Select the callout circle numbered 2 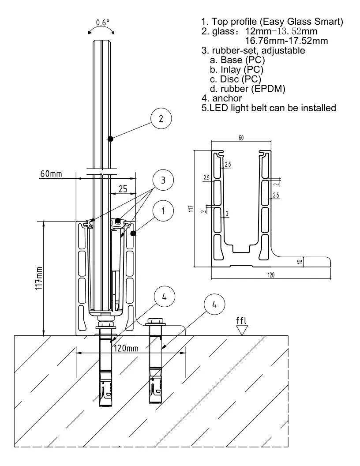tap(161, 118)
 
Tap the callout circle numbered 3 tap(163, 180)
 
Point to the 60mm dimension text tap(51, 174)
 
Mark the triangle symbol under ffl tap(241, 330)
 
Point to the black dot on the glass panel tap(111, 139)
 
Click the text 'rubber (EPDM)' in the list tap(253, 89)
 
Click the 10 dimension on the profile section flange tap(300, 262)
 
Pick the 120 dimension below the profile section tap(270, 274)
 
